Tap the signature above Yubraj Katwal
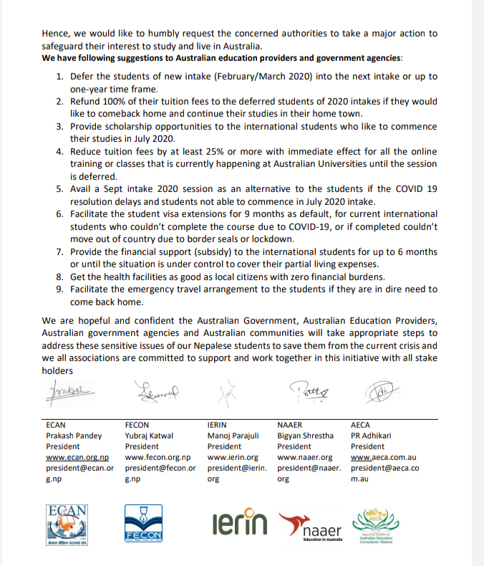pos(153,391)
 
